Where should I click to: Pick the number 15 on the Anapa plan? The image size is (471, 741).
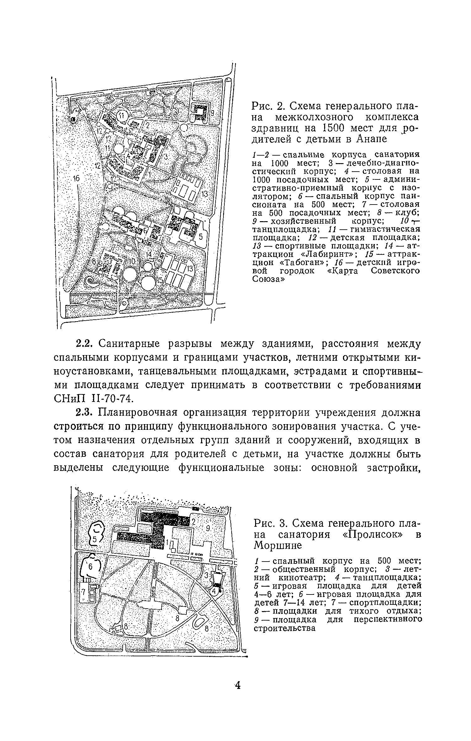[x=160, y=280]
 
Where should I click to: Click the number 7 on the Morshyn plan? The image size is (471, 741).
[x=83, y=591]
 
